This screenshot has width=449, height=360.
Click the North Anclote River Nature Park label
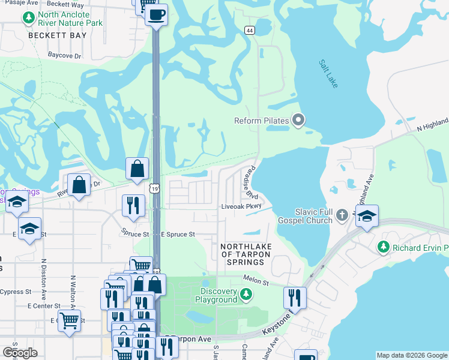pos(70,19)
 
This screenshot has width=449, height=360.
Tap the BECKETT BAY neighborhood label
pos(58,35)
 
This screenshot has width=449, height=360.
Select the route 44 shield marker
pos(250,29)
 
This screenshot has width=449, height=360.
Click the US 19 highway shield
pos(155,189)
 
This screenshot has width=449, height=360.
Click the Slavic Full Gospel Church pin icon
pos(342,214)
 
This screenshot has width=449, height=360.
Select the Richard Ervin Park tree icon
pos(382,247)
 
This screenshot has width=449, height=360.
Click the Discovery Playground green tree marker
pos(246,294)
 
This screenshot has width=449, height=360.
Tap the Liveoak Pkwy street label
pos(242,206)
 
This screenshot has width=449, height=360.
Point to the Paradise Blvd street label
pos(251,184)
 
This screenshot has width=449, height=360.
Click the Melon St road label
pos(255,278)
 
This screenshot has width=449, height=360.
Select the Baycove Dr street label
pos(64,55)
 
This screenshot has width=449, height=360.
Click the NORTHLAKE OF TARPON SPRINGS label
pos(246,254)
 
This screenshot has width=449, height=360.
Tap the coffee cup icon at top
pos(157,14)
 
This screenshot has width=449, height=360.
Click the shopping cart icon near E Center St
pos(70,320)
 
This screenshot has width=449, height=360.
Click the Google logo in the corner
pos(20,353)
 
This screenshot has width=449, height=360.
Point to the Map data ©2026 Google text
pos(412,355)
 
